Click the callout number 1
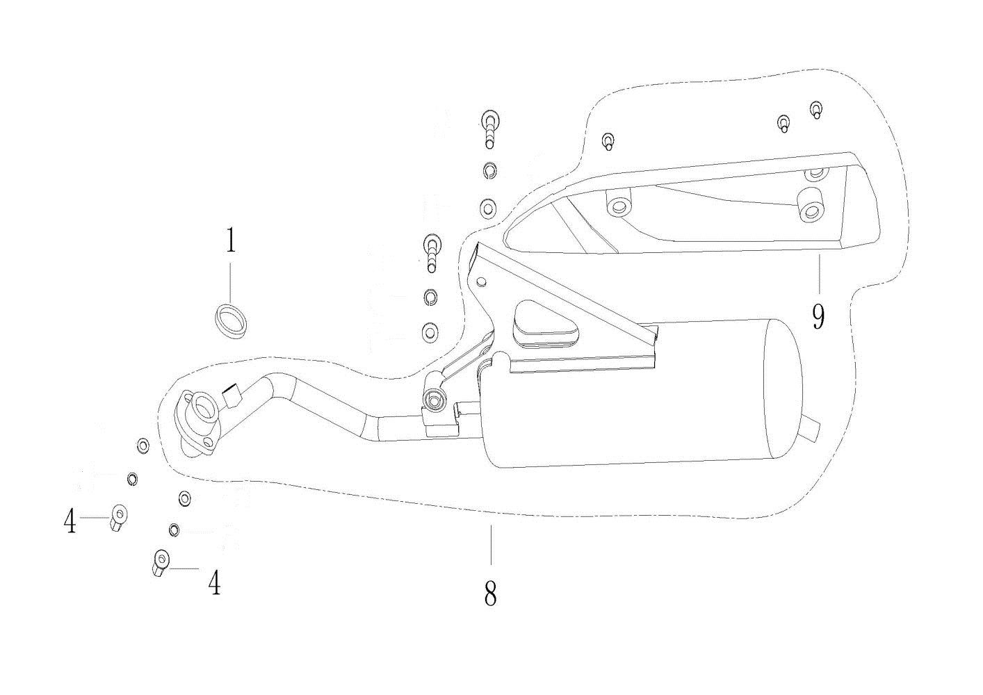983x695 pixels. coord(230,242)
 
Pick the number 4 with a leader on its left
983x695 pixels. coord(215,582)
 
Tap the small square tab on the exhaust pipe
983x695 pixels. coord(231,398)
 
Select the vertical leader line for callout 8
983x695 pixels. coord(491,546)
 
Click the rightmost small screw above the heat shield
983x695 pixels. coord(816,111)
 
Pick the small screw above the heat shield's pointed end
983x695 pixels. coord(608,141)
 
